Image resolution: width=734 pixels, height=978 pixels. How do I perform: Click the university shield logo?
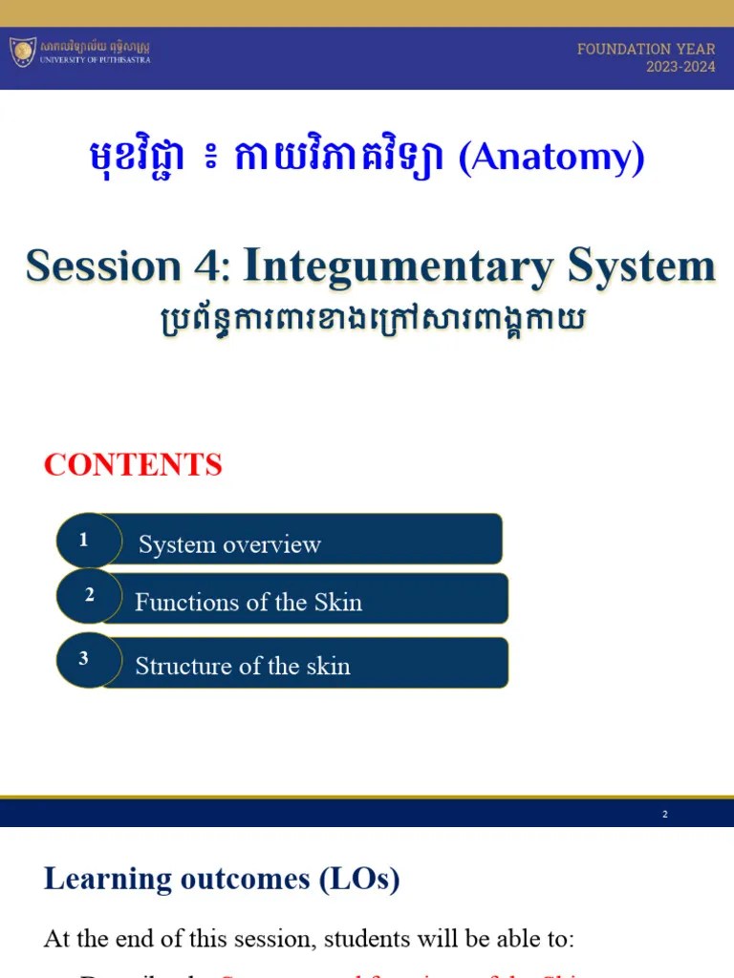pos(23,52)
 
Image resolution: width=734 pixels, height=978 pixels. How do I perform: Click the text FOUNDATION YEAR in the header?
pos(646,49)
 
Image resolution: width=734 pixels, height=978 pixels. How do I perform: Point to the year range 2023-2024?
pos(680,67)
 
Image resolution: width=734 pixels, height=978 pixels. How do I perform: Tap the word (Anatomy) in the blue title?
pos(551,158)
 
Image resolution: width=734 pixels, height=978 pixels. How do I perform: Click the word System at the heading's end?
pos(641,266)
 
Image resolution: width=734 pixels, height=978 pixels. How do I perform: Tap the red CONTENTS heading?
pos(133,465)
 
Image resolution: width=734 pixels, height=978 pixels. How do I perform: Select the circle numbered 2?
pos(89,596)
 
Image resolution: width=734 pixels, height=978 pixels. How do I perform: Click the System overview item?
pos(229,544)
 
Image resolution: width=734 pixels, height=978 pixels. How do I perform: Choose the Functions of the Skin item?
pos(248,602)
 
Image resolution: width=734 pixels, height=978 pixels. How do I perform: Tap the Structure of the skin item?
pos(243,666)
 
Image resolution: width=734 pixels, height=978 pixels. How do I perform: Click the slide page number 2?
pos(665,814)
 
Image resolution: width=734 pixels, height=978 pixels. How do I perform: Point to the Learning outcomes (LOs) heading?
pos(222,879)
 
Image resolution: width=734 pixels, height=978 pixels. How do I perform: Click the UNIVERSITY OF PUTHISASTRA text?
pos(95,59)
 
